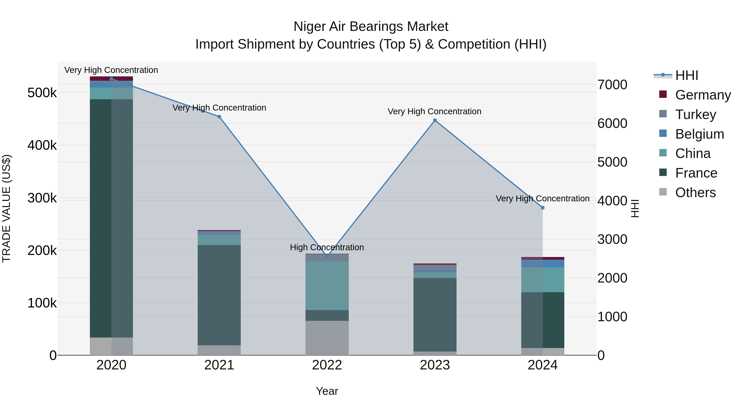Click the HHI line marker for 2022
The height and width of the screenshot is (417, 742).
pyautogui.click(x=327, y=256)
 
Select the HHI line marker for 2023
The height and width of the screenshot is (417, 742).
pyautogui.click(x=435, y=120)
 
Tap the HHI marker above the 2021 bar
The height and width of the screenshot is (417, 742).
pyautogui.click(x=219, y=117)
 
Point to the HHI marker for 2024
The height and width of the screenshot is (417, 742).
pyautogui.click(x=543, y=208)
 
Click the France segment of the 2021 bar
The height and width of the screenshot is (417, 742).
pyautogui.click(x=219, y=295)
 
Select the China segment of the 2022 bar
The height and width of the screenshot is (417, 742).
pyautogui.click(x=327, y=285)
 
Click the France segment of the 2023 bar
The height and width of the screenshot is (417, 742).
pyautogui.click(x=435, y=314)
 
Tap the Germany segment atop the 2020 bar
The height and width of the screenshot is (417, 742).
pyautogui.click(x=112, y=79)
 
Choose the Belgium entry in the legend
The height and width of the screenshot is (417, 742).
pyautogui.click(x=699, y=134)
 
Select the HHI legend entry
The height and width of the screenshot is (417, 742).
pyautogui.click(x=686, y=75)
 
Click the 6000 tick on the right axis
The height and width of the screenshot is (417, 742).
pyautogui.click(x=612, y=124)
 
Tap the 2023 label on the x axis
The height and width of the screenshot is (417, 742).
pyautogui.click(x=435, y=365)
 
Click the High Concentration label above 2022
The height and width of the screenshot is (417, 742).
pyautogui.click(x=327, y=247)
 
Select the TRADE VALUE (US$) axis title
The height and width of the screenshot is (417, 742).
pyautogui.click(x=6, y=208)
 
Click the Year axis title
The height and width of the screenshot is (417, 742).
pyautogui.click(x=327, y=391)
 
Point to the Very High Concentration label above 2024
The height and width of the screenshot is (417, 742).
pyautogui.click(x=543, y=199)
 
